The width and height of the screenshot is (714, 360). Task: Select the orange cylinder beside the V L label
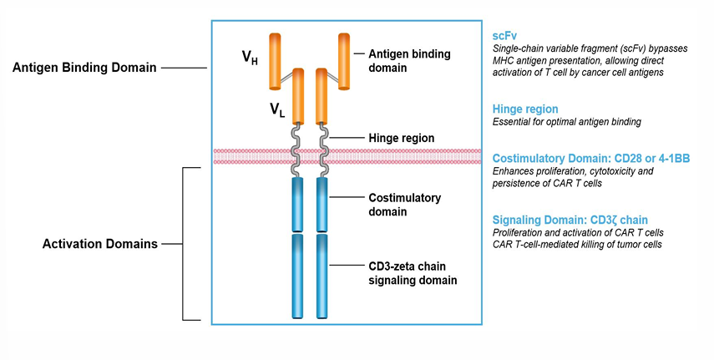coord(296,98)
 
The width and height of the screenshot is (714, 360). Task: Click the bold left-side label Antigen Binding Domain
coord(84,68)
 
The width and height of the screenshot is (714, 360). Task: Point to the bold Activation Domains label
coord(100,245)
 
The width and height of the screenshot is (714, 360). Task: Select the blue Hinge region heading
coord(524,109)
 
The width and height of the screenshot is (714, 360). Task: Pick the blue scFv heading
coord(506,34)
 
